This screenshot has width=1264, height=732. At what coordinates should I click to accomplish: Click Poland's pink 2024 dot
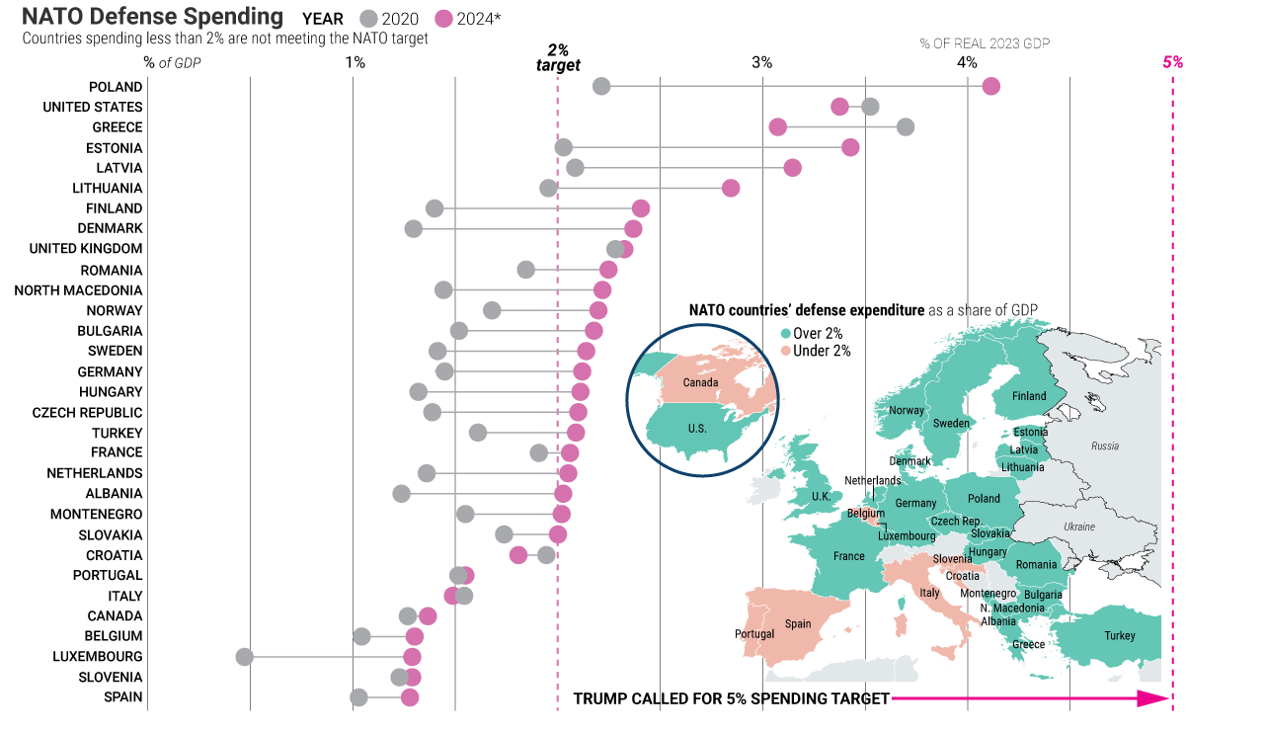click(991, 86)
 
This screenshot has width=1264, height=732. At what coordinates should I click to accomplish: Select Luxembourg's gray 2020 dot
click(245, 656)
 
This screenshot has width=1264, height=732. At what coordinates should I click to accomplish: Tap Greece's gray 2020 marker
click(906, 126)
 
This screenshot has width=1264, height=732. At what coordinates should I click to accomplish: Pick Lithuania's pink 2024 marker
click(731, 188)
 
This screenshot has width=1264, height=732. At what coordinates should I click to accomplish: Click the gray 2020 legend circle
click(369, 19)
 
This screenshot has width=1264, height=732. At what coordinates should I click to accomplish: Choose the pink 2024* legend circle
click(444, 19)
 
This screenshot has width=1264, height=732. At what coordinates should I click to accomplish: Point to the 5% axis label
click(1172, 62)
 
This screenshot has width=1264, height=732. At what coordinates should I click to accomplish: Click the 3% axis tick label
click(761, 62)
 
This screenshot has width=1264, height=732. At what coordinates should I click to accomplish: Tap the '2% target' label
click(558, 57)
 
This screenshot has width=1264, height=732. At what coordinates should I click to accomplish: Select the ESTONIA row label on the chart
click(115, 148)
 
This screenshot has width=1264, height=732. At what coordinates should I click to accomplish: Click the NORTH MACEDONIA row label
click(78, 290)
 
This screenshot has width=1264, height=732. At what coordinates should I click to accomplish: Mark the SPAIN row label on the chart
click(123, 696)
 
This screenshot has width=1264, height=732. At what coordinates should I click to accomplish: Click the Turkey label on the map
click(1120, 636)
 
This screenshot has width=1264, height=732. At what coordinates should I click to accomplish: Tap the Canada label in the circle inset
click(700, 383)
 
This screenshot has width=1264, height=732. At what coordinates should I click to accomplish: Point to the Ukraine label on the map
click(1079, 527)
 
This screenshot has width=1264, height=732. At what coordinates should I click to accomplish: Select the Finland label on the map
click(1029, 396)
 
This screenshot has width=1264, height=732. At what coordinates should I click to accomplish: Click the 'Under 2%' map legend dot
click(786, 351)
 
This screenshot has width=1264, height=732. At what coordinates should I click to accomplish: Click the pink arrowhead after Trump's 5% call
click(1153, 698)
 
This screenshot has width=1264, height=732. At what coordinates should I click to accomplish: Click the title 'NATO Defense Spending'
click(152, 17)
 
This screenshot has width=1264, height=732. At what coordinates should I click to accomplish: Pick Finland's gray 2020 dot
click(434, 207)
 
